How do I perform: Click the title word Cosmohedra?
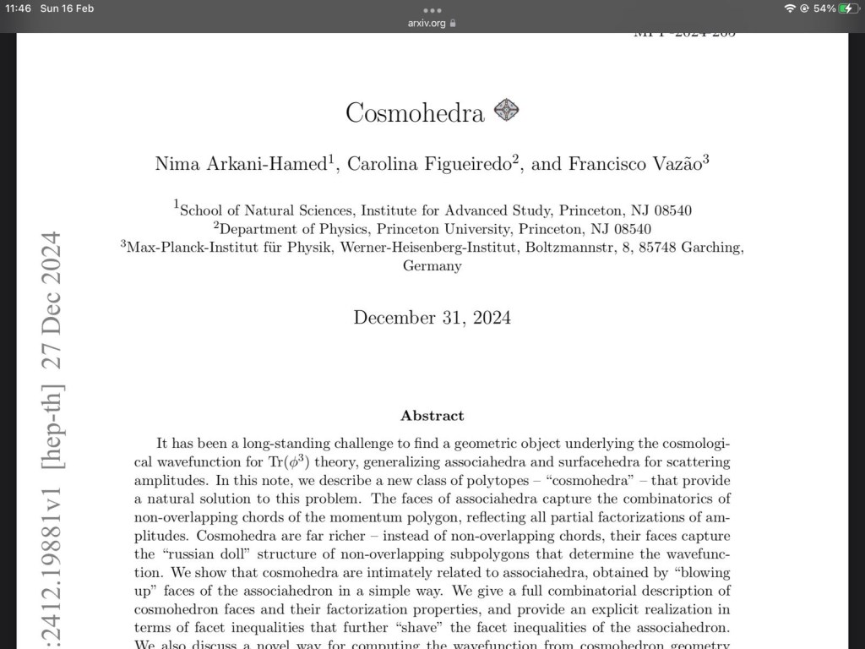click(x=415, y=112)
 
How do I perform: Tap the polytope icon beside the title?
click(x=506, y=110)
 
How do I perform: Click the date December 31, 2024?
click(x=432, y=318)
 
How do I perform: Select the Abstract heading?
click(x=432, y=416)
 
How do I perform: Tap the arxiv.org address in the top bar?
click(x=427, y=23)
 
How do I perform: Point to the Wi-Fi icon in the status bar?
click(x=790, y=8)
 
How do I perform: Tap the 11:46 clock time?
click(x=17, y=8)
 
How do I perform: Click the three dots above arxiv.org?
click(x=432, y=10)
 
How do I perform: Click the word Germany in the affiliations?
click(x=432, y=266)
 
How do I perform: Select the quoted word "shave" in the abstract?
click(x=529, y=627)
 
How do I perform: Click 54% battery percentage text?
click(x=824, y=8)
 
